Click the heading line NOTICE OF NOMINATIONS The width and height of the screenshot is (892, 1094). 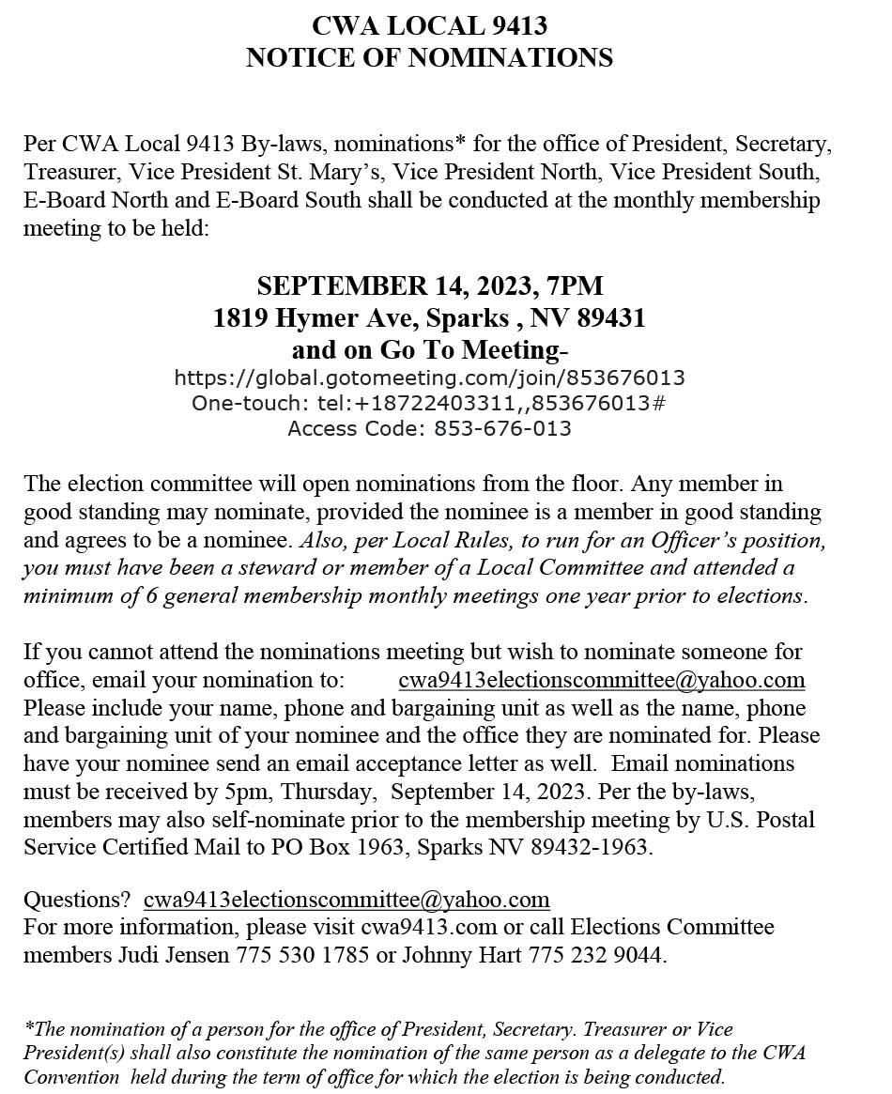click(x=429, y=58)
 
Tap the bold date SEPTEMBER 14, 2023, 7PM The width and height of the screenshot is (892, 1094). click(x=429, y=285)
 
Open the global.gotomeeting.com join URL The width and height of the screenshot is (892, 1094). click(x=429, y=378)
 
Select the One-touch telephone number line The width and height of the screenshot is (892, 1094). click(x=429, y=404)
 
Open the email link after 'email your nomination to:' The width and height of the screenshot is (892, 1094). click(x=601, y=680)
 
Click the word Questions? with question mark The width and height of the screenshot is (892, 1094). click(x=77, y=900)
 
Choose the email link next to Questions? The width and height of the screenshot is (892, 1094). click(x=346, y=900)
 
